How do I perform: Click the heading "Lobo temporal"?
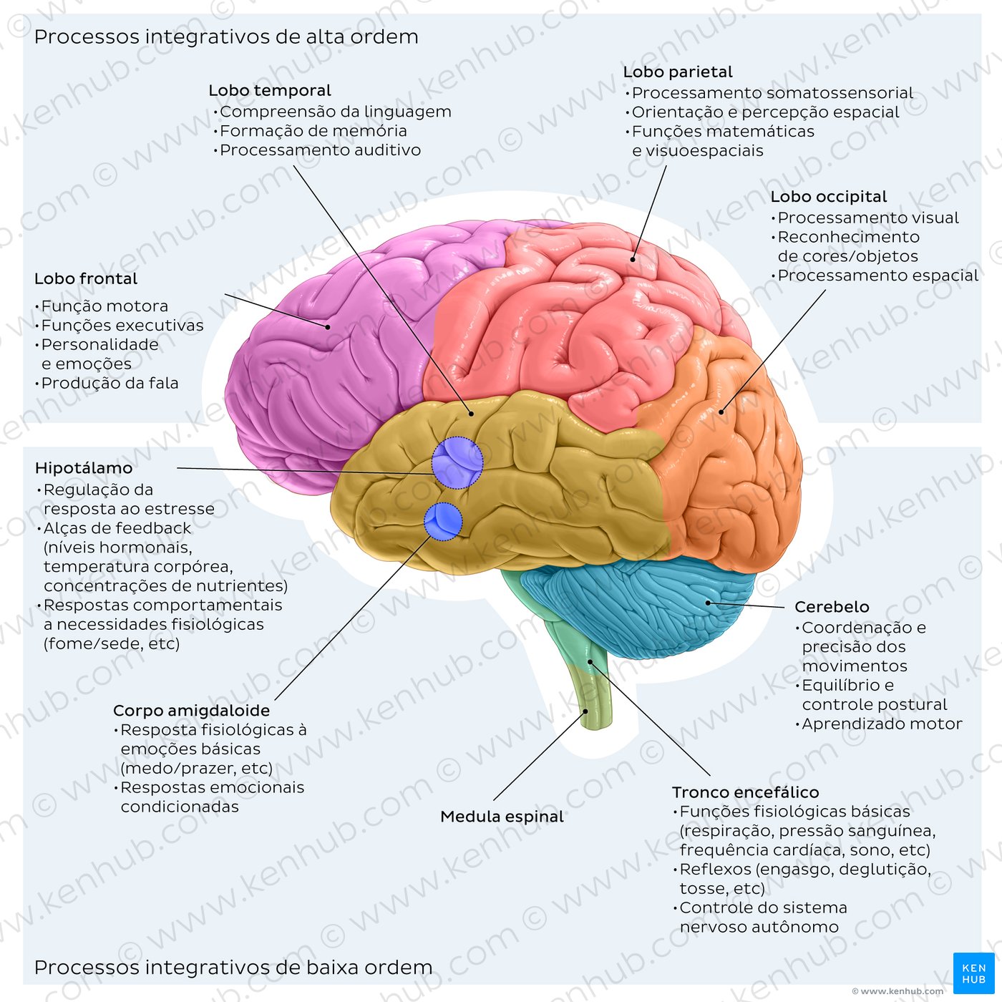269,90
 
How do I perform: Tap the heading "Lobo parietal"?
678,72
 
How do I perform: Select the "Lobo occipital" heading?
828,197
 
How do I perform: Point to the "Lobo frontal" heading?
86,278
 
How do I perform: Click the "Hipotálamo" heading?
84,468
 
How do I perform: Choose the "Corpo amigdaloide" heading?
191,710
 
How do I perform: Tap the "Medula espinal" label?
502,817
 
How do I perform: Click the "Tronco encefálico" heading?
745,792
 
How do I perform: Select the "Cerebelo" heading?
832,607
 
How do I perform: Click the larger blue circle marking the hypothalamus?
457,462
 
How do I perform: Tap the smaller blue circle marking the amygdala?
443,522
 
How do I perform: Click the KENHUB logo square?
973,973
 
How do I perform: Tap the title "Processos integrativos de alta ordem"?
226,37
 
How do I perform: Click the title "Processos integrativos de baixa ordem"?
233,967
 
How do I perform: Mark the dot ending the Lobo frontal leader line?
328,327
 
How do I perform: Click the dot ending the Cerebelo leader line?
709,603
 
